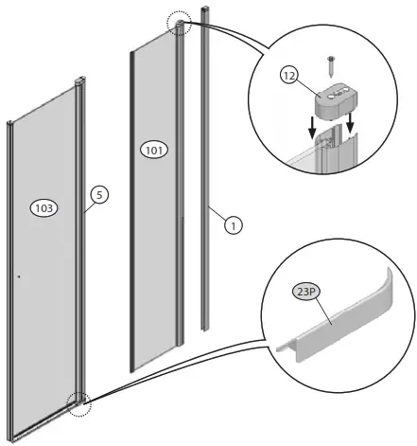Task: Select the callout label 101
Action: pyautogui.click(x=152, y=148)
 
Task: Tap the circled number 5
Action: pyautogui.click(x=99, y=195)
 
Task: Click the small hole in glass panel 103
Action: pyautogui.click(x=18, y=277)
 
